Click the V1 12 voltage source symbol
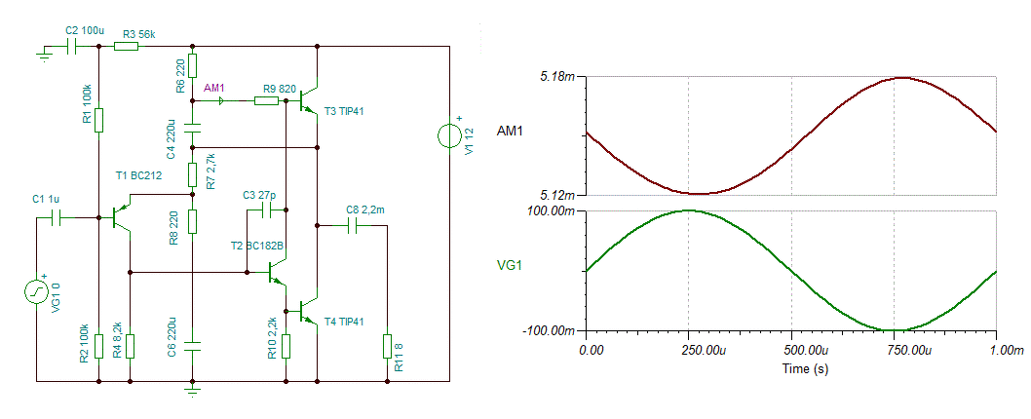[x=448, y=136]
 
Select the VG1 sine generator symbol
[x=36, y=291]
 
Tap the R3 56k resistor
[x=126, y=47]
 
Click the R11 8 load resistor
[x=386, y=346]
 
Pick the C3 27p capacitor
[x=266, y=210]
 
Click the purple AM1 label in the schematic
[x=215, y=88]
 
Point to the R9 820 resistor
[x=266, y=100]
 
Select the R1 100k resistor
[x=98, y=121]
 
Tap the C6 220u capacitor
[x=192, y=346]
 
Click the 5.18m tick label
[x=557, y=77]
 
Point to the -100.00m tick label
[x=549, y=330]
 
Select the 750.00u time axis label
[x=895, y=351]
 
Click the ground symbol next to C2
[x=44, y=54]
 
